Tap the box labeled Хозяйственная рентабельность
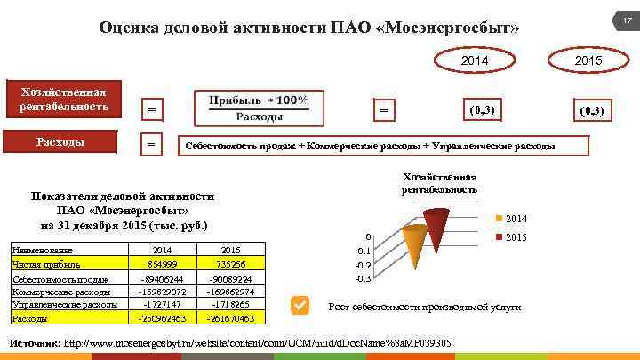point(69,100)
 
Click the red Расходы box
point(69,142)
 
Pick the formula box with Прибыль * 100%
point(259,108)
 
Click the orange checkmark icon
point(300,306)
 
